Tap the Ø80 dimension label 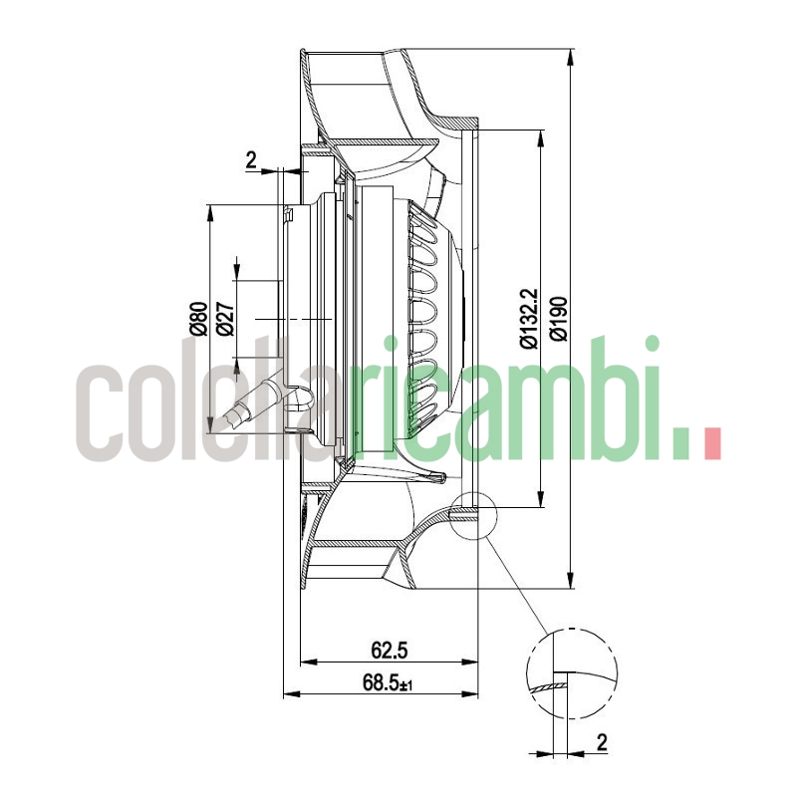[x=197, y=317]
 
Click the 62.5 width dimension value [x=390, y=651]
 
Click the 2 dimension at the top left [x=251, y=158]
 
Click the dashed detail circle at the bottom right [x=571, y=673]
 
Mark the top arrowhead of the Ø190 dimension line [x=570, y=56]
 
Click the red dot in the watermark [x=711, y=442]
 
